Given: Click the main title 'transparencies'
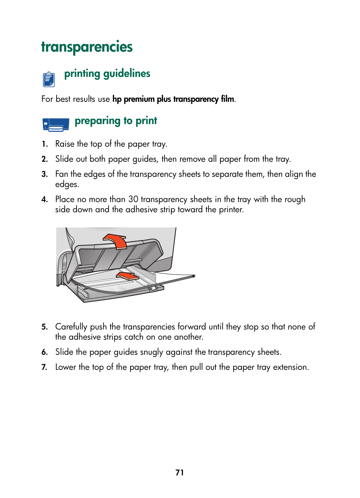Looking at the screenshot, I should click(x=87, y=47).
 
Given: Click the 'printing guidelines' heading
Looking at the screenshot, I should click(x=107, y=74).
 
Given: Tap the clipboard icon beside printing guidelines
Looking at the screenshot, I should click(x=49, y=79).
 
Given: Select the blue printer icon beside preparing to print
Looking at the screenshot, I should click(x=56, y=124).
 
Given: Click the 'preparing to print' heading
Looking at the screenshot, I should click(x=115, y=121).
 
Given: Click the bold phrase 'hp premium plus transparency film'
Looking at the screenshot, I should click(x=173, y=99).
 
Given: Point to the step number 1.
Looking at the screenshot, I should click(x=45, y=144).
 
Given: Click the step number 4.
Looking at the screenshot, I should click(x=45, y=199).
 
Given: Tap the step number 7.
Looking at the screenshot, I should click(x=45, y=367).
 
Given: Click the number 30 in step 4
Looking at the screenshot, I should click(x=133, y=199).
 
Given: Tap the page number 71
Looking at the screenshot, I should click(x=180, y=473).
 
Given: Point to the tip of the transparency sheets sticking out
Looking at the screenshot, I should click(x=193, y=276).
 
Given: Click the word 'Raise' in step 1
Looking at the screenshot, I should click(x=65, y=144).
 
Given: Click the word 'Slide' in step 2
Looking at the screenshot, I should click(x=65, y=159).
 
